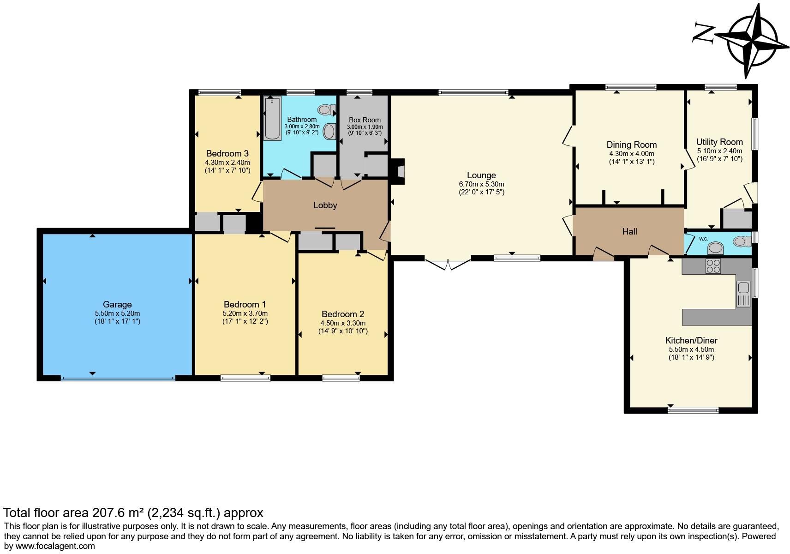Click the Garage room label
coord(117,304)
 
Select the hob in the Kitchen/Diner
coord(713,266)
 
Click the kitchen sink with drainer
coord(743,294)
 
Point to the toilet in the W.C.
coord(741,241)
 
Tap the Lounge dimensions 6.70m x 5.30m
coord(481,184)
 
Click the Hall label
coord(629,231)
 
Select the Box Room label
coord(365,120)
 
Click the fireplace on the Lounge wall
coord(399,171)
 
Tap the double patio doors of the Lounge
coord(448,265)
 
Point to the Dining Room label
coord(631,145)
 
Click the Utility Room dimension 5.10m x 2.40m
coord(719,151)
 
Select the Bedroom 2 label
coord(343,314)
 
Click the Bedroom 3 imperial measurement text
coord(227,170)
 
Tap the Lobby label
coord(325,205)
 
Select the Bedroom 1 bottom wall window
coord(245,378)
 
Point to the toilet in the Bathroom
coord(326,110)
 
